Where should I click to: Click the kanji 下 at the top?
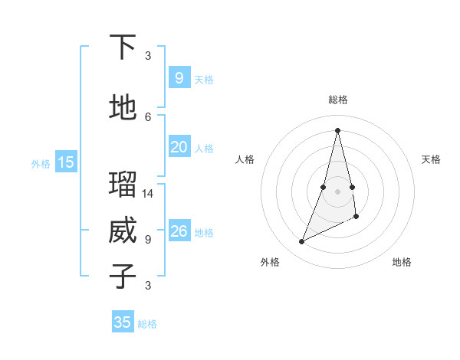tap(123, 47)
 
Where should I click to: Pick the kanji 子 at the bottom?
tap(123, 276)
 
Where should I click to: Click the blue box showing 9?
tap(179, 78)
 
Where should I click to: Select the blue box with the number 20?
tap(179, 147)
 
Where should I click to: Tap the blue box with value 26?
tap(179, 231)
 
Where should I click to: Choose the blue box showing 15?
tap(65, 162)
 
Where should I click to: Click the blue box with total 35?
tap(123, 322)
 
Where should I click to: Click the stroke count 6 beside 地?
tap(148, 116)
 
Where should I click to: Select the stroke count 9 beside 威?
tap(148, 239)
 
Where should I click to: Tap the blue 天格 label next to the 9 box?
tap(204, 79)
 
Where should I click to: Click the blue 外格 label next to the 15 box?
tap(40, 163)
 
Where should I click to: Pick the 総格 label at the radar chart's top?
tap(337, 100)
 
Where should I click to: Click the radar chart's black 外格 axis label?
tap(270, 262)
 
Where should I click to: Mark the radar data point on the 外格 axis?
tap(301, 242)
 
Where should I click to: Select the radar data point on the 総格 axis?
tap(337, 130)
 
